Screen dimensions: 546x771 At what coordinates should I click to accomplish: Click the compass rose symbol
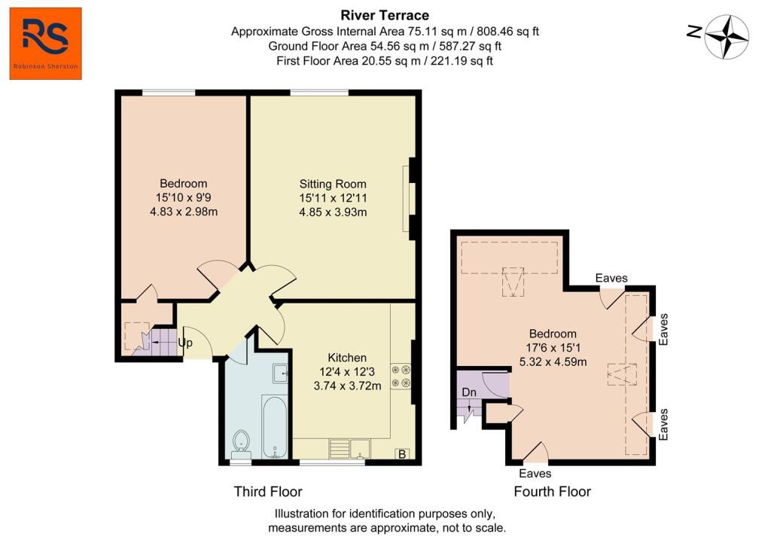click(727, 36)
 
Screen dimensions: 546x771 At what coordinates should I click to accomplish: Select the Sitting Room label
click(333, 184)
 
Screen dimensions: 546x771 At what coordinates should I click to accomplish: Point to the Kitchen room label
click(347, 357)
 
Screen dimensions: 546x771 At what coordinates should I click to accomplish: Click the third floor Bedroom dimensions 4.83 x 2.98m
click(183, 212)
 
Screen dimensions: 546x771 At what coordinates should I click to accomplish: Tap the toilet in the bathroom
click(242, 441)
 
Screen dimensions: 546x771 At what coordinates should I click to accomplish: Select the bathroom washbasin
click(279, 372)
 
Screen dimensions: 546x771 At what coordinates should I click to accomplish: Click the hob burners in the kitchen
click(400, 377)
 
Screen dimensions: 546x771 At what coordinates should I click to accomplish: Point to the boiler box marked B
click(402, 454)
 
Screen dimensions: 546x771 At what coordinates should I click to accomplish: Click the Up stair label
click(185, 343)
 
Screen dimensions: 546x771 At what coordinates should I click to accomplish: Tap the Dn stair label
click(468, 392)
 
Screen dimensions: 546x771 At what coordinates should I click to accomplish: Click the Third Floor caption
click(268, 492)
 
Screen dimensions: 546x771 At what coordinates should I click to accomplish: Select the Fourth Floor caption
click(552, 492)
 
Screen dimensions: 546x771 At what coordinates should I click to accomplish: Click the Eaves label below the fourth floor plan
click(535, 474)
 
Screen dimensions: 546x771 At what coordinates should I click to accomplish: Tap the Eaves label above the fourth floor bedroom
click(611, 278)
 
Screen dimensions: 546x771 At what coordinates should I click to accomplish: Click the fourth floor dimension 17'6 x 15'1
click(553, 347)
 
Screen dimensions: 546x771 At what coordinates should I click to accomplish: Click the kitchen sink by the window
click(354, 448)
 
